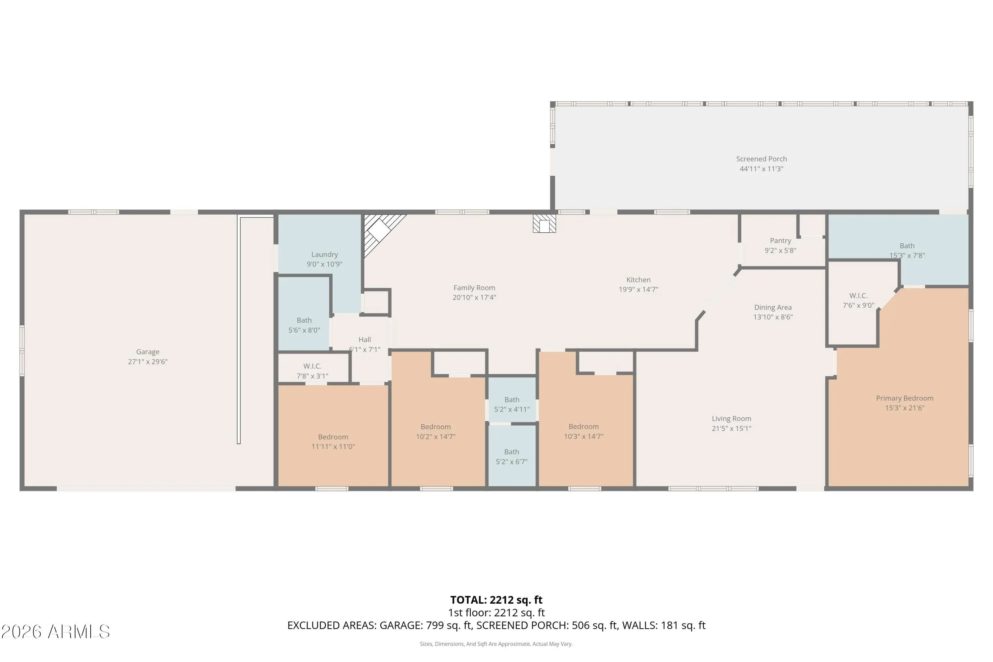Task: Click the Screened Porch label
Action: tap(761, 159)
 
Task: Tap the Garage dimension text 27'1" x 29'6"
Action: tap(148, 361)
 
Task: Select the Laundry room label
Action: tap(324, 254)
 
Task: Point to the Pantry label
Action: tap(780, 241)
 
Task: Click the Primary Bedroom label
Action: tap(904, 398)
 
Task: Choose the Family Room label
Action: tap(474, 288)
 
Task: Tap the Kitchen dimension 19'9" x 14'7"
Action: tap(638, 289)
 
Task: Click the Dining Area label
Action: tap(773, 307)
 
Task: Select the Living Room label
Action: tap(731, 418)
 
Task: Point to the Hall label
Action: tap(364, 340)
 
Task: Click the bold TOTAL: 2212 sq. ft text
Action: tap(496, 600)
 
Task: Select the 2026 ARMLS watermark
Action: tap(55, 632)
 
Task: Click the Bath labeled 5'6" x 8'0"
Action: tap(304, 325)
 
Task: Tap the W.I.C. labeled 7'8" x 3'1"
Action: tap(312, 371)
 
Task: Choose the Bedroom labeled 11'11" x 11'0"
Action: tap(333, 442)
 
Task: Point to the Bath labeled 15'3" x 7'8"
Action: tap(907, 250)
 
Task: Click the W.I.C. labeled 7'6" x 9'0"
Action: tap(858, 300)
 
